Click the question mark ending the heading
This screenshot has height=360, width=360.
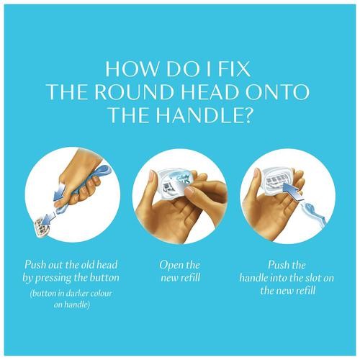[247, 114]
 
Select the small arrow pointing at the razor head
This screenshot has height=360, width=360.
[50, 218]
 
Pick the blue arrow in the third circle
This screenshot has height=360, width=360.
[292, 191]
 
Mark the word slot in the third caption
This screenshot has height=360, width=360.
[313, 278]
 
